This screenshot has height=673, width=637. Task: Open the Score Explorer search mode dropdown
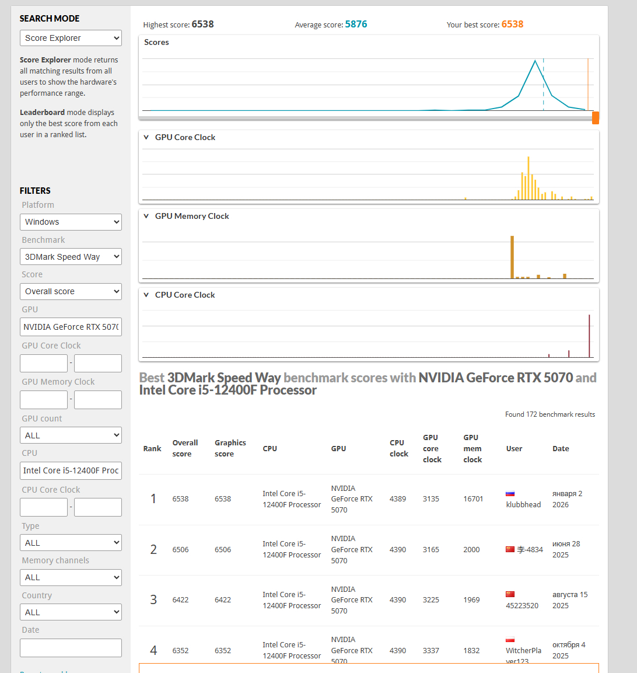(71, 39)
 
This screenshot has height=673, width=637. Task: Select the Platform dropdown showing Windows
(71, 222)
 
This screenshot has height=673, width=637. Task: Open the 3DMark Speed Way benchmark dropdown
(71, 257)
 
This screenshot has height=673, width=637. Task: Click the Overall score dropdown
(71, 291)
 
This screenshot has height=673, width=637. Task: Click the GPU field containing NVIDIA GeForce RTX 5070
(71, 327)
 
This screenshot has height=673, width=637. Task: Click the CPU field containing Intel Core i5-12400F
(71, 470)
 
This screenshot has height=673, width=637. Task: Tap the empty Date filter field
(71, 648)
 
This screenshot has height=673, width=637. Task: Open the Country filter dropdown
(71, 612)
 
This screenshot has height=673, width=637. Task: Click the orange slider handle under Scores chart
(596, 118)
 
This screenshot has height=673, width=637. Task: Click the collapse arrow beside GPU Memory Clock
(146, 216)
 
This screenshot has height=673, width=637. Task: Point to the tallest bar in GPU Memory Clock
(512, 257)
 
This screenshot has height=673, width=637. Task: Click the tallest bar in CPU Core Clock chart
(589, 336)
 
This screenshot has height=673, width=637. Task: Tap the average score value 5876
(356, 25)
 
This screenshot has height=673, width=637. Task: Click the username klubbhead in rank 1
(523, 504)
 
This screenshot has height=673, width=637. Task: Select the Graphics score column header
(230, 448)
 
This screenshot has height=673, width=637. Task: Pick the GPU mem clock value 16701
(473, 499)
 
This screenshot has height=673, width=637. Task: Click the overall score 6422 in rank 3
(180, 599)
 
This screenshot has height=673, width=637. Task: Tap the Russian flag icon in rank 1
(510, 494)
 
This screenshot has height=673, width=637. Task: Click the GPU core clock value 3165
(431, 549)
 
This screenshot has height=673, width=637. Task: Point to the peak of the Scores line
(535, 61)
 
